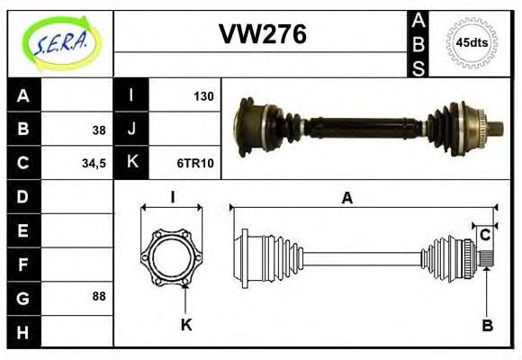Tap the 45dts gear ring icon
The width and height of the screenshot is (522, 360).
[x=472, y=42]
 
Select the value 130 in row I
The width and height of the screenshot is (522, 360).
[x=203, y=95]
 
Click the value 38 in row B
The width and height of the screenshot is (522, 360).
[x=98, y=130]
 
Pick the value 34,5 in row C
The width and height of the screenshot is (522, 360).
[x=94, y=164]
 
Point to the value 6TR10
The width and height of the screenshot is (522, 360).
[x=195, y=164]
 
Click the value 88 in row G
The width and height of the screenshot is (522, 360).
[x=98, y=296]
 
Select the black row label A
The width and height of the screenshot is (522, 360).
[x=23, y=95]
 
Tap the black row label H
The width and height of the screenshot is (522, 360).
[x=23, y=331]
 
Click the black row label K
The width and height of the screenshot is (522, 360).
[x=131, y=164]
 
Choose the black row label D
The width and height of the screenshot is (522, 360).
[x=23, y=196]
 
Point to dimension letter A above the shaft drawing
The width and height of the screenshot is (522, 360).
[x=346, y=199]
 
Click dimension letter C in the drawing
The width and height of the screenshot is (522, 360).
[x=484, y=236]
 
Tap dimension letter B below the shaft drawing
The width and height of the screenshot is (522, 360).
[x=487, y=325]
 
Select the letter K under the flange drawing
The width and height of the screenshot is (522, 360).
[x=186, y=324]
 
